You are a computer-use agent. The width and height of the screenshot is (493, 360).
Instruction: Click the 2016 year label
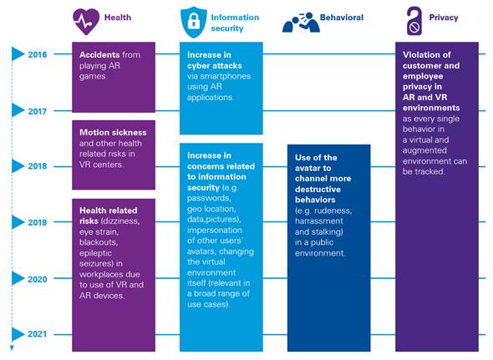point(38,54)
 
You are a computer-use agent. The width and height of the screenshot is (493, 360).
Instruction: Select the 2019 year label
point(38,222)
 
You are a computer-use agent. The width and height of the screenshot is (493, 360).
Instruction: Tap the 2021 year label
point(38,334)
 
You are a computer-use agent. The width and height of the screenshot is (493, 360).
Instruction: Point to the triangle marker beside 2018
point(18,166)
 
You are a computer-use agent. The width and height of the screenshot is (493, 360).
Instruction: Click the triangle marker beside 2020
point(18,279)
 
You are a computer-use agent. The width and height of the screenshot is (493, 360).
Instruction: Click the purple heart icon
point(86,22)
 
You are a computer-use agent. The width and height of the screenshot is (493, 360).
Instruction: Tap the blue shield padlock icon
point(194,23)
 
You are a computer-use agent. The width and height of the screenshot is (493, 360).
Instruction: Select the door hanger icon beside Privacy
point(414,21)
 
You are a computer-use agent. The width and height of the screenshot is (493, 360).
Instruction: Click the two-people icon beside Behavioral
point(301,23)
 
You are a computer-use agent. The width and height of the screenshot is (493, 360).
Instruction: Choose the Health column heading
point(118,18)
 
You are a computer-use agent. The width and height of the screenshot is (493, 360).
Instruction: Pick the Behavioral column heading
point(342,18)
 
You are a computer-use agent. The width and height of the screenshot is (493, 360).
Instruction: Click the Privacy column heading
point(444,18)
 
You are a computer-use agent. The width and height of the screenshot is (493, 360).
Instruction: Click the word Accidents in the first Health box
point(99,54)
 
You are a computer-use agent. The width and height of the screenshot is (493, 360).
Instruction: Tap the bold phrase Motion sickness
point(113,132)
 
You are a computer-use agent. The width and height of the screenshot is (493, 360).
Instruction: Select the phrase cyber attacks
point(215,66)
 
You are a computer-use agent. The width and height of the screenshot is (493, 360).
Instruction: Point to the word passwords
point(209,199)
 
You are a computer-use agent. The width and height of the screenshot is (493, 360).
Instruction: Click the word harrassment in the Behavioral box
point(319,221)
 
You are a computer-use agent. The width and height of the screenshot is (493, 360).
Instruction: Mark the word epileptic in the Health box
point(95,253)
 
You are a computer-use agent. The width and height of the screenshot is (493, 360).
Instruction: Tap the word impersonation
point(215,231)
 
